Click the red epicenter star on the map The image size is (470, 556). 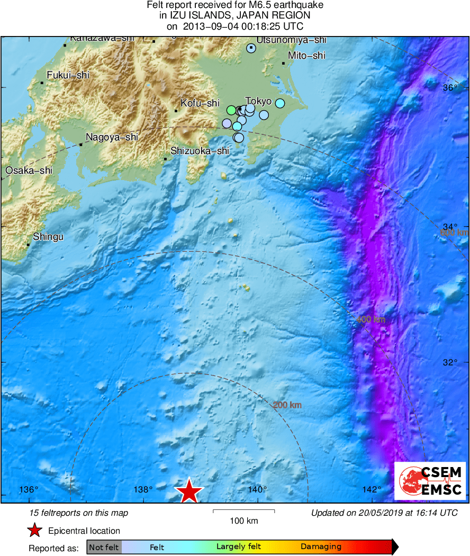tap(189, 491)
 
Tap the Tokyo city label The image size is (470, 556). tap(259, 101)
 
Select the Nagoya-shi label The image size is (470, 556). tap(112, 137)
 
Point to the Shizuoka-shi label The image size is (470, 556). tap(200, 151)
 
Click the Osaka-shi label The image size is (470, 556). tap(29, 171)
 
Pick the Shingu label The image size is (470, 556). tap(48, 237)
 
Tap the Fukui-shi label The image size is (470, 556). tap(68, 75)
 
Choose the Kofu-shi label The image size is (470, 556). tap(200, 103)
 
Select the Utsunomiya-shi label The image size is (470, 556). tap(292, 40)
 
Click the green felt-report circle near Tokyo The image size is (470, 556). tap(231, 110)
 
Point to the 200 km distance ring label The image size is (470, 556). tap(287, 405)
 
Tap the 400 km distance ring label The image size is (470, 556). tap(370, 319)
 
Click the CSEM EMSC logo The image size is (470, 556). tap(430, 481)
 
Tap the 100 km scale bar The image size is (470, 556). tap(244, 512)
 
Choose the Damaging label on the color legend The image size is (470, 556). tap(321, 546)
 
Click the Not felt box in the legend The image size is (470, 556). tap(104, 547)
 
